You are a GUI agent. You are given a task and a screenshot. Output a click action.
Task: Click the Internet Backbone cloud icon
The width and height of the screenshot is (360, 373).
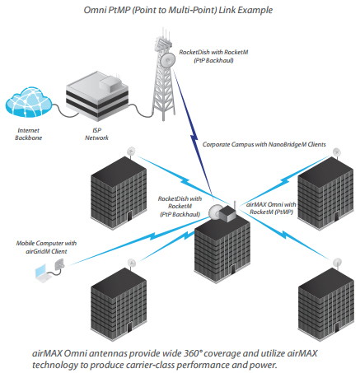point(29,102)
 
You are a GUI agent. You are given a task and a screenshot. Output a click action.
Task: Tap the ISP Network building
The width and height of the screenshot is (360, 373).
point(97,96)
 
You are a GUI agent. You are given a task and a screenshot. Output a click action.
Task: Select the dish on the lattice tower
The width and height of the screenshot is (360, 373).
point(168,59)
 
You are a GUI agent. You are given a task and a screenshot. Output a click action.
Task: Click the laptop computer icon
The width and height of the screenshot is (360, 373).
point(44,273)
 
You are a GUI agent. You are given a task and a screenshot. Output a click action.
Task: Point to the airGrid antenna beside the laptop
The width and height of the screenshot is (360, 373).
point(59,265)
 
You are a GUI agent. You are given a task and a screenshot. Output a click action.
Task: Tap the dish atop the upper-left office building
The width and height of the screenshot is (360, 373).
point(132,151)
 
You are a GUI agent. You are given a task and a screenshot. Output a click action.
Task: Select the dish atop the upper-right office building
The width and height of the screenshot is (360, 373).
point(337,152)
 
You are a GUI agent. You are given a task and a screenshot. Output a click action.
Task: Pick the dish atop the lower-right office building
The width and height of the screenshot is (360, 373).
point(337,263)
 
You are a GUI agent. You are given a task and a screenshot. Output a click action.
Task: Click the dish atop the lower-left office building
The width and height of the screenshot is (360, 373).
point(132,263)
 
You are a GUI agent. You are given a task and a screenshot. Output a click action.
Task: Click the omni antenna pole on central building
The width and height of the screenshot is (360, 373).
point(235,206)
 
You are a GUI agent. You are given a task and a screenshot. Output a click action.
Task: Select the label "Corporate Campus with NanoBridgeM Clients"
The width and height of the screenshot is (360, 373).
point(264,144)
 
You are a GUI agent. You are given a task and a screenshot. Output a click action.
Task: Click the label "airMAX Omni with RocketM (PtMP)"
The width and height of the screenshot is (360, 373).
point(271,208)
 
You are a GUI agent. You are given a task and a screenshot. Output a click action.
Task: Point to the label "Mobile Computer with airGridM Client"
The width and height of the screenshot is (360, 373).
point(46,247)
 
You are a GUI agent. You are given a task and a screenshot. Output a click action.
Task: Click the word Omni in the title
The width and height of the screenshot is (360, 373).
point(95,10)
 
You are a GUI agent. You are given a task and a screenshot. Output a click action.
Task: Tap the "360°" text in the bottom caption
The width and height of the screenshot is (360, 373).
point(192,353)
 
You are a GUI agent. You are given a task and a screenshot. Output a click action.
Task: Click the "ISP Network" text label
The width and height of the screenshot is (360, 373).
point(96,134)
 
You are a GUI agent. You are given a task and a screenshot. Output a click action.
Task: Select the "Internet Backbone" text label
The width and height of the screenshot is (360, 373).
point(28,134)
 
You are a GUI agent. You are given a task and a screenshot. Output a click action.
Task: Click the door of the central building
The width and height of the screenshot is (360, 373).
point(233,268)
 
